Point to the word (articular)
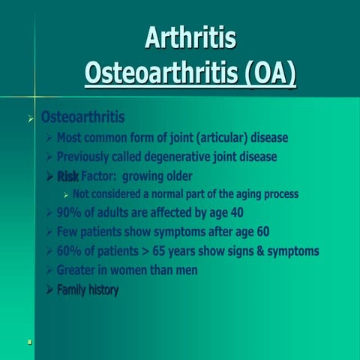(219, 138)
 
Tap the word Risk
(67, 177)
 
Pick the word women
(128, 270)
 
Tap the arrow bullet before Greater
(49, 270)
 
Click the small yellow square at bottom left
(29, 342)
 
